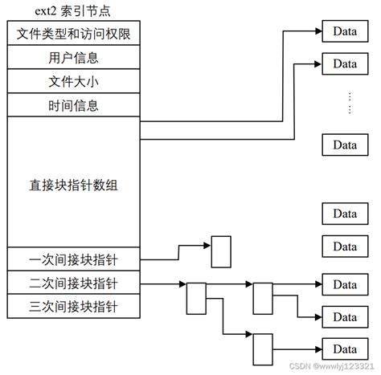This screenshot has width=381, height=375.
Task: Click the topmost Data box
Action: tap(345, 32)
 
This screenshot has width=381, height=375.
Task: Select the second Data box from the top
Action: tap(345, 63)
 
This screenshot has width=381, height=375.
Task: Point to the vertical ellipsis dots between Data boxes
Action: tap(350, 104)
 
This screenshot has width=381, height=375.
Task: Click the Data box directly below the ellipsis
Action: tap(345, 145)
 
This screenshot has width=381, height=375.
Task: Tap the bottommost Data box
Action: tap(345, 349)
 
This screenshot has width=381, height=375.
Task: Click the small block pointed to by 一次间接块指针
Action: tap(220, 251)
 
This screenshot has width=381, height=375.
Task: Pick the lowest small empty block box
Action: tap(263, 349)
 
